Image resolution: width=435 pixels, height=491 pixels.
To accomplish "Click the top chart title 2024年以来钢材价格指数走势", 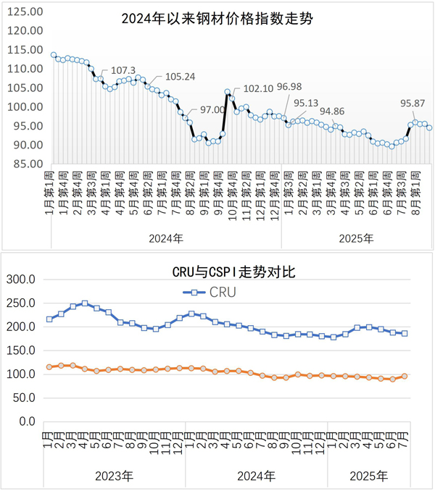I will pyautogui.click(x=217, y=18).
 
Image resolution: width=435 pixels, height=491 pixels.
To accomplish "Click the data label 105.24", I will pyautogui.click(x=181, y=77).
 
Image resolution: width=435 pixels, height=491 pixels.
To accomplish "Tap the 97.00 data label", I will pyautogui.click(x=212, y=109).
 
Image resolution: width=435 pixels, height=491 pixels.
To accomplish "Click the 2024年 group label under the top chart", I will pyautogui.click(x=167, y=237).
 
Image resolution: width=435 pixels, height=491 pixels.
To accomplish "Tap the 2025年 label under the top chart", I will pyautogui.click(x=356, y=237).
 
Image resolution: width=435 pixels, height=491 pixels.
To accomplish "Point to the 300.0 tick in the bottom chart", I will pyautogui.click(x=21, y=280).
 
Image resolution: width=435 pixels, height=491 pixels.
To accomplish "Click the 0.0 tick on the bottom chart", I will pyautogui.click(x=27, y=421).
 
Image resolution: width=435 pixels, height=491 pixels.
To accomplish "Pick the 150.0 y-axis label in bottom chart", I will pyautogui.click(x=21, y=351).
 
